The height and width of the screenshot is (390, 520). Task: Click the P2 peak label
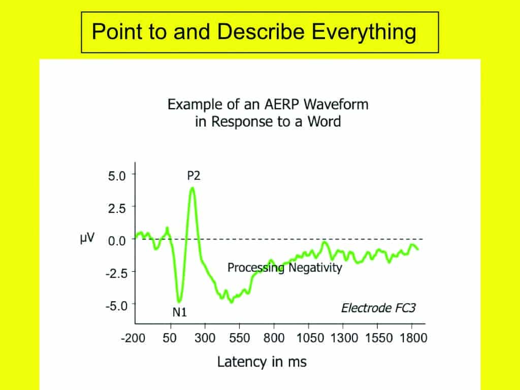(193, 175)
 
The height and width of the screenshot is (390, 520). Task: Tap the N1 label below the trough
(180, 312)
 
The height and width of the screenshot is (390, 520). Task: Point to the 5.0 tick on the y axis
(117, 176)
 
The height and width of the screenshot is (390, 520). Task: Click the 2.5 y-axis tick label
(117, 208)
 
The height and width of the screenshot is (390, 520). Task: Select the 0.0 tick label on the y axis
(117, 240)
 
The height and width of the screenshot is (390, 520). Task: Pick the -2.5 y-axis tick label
(116, 273)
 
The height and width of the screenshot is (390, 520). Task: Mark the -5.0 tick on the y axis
(116, 305)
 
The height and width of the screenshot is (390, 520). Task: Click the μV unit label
(87, 238)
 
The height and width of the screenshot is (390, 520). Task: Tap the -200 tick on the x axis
(133, 338)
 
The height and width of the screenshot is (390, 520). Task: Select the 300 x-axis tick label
(205, 338)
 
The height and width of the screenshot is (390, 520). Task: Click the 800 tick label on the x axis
(274, 338)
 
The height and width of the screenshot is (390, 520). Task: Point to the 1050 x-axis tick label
(310, 338)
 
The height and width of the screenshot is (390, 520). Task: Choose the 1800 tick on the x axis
(413, 338)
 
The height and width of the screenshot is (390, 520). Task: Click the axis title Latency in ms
(262, 362)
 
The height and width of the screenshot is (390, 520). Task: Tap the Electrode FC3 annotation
(378, 308)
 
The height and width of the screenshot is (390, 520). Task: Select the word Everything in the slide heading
(364, 32)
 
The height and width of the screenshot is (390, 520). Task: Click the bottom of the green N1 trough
(179, 301)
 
